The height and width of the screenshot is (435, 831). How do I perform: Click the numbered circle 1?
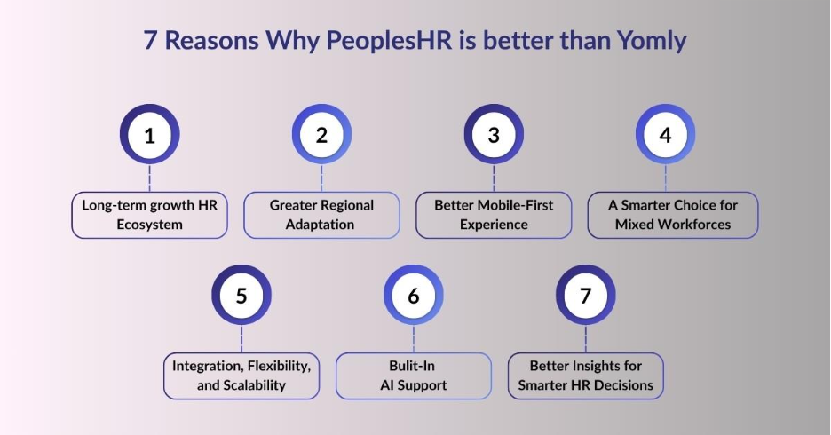coord(149,135)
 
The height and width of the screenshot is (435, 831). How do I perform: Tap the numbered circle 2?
coord(321,135)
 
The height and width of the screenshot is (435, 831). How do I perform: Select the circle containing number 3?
coord(494,135)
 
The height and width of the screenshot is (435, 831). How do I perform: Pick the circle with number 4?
coord(665,135)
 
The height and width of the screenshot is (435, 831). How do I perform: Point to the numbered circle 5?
coord(241,295)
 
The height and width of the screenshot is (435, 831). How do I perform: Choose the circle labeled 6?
coord(413,295)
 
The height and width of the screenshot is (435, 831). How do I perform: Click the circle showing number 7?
coord(585,295)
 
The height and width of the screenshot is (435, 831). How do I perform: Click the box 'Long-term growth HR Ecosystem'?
coord(149,215)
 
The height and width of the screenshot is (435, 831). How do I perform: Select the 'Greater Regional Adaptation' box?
coord(321,215)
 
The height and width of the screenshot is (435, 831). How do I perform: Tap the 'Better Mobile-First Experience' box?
coord(494,215)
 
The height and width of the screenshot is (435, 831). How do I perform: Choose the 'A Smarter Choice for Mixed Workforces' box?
coord(672,215)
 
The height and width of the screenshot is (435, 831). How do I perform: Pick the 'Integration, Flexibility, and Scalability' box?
coord(241,376)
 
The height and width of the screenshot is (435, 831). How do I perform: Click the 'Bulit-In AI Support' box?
coord(413,376)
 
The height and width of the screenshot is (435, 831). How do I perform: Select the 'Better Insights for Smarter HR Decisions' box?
coord(585,376)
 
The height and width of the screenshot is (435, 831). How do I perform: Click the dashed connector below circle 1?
coord(149,178)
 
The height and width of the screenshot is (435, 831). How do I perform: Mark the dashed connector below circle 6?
coord(413,338)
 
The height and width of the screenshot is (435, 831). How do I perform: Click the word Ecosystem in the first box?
coord(149,225)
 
